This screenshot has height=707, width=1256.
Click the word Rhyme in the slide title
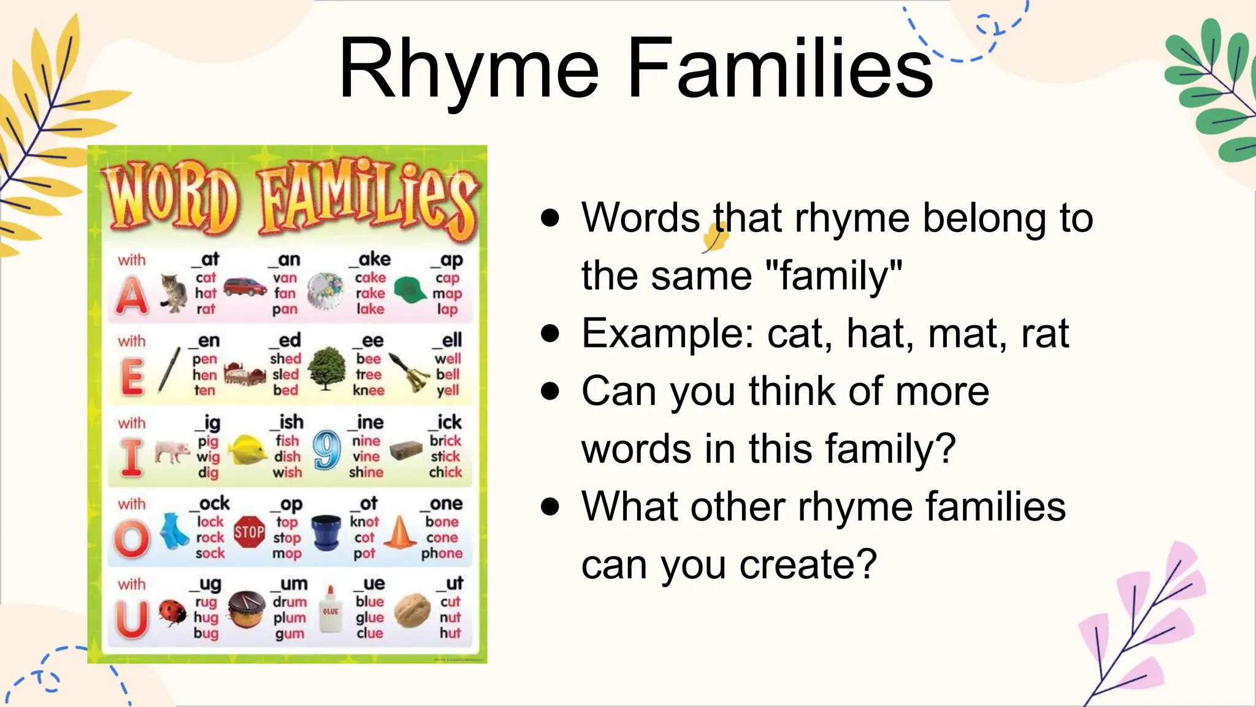click(469, 69)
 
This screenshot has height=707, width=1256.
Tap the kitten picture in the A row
click(174, 293)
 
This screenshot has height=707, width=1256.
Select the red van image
click(245, 286)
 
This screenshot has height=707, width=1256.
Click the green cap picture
click(410, 290)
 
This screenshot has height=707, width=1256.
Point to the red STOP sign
click(250, 531)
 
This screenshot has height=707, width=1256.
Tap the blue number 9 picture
click(326, 450)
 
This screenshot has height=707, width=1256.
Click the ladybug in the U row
click(172, 611)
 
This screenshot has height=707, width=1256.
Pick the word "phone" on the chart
click(442, 553)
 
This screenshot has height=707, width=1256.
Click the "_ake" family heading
click(370, 259)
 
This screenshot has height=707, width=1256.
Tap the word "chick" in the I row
click(445, 472)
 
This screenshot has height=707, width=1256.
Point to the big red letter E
click(132, 376)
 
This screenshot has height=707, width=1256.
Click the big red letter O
click(132, 539)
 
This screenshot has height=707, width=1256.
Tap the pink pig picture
click(172, 451)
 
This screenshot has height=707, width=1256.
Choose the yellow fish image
click(248, 450)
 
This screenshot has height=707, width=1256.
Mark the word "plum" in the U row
click(289, 617)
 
